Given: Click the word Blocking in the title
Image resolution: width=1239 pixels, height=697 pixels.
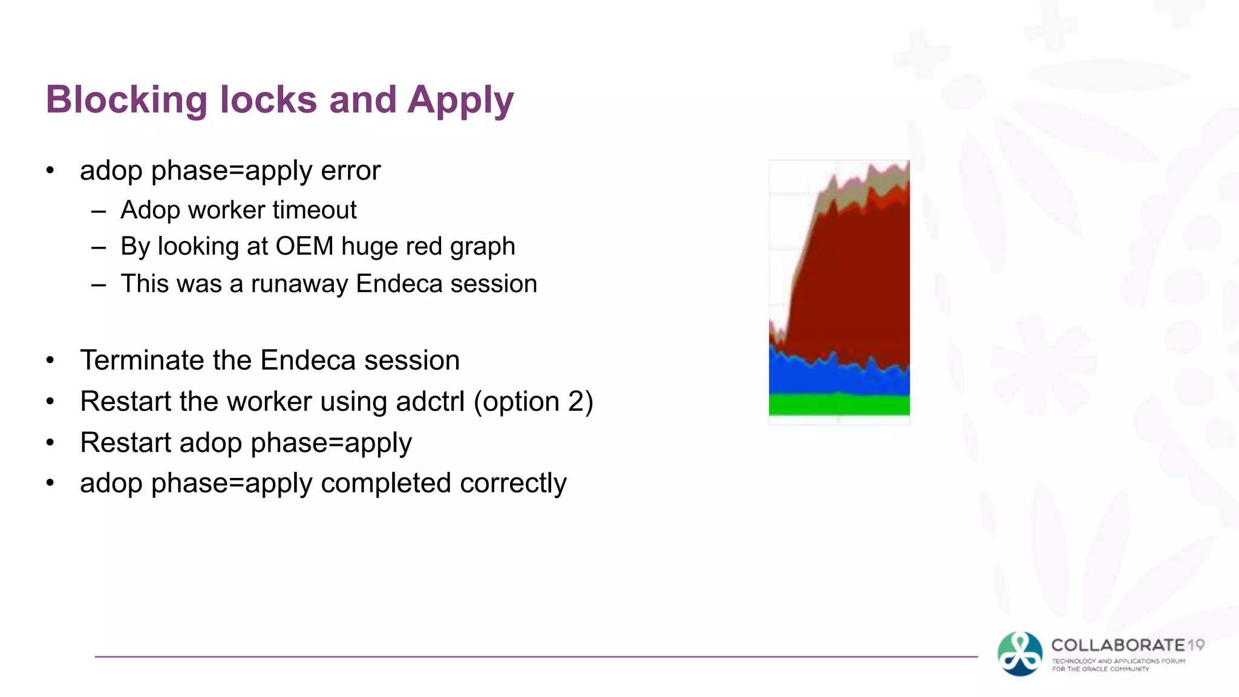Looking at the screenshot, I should (126, 100).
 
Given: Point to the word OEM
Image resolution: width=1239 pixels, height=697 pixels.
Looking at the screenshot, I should (304, 247).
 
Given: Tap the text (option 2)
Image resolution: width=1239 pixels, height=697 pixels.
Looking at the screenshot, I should (533, 402).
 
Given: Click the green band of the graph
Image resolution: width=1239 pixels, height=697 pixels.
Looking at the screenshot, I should (839, 404).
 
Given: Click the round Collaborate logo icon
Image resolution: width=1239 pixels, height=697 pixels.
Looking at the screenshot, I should (1020, 654).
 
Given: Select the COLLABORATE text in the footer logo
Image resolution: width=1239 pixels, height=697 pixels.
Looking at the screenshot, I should (1118, 646).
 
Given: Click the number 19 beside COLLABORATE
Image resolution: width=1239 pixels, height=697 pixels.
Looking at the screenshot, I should (1195, 646).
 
